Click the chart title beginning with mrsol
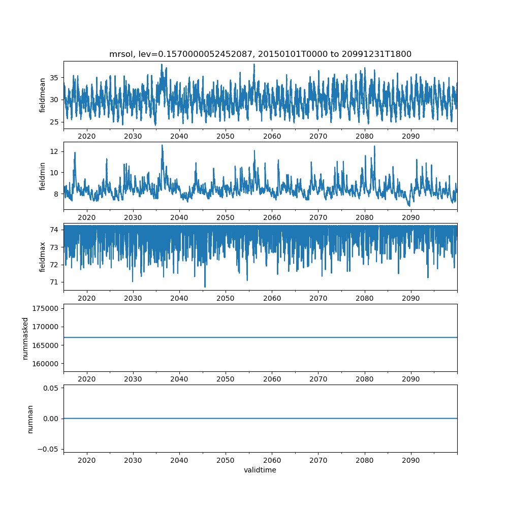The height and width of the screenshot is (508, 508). [x=260, y=54]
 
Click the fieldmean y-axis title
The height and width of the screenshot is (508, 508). [x=43, y=95]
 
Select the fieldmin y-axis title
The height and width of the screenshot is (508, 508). [x=43, y=176]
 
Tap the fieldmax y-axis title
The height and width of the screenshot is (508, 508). [x=43, y=257]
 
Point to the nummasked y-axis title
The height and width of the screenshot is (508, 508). [x=25, y=338]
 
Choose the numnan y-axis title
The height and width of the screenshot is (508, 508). [x=30, y=419]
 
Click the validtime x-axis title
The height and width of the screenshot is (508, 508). [x=260, y=470]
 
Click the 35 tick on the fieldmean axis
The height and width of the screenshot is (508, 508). [x=53, y=78]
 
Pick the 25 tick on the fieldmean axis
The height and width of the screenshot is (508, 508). [x=53, y=122]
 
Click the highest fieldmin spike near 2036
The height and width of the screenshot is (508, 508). [x=162, y=145]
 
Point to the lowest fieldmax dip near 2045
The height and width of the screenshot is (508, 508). [x=205, y=287]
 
